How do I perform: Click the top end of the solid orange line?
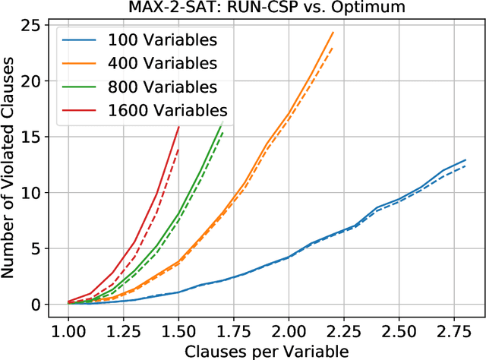(x=333, y=33)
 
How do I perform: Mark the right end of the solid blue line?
(x=465, y=160)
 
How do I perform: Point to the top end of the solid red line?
(x=178, y=127)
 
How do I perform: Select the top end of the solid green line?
(x=222, y=122)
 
